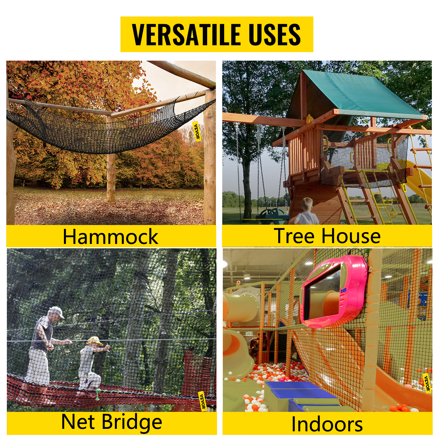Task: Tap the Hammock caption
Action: click(111, 237)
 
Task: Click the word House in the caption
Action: click(351, 236)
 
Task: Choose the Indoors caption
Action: click(327, 424)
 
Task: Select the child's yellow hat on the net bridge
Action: click(94, 341)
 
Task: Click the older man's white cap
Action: click(57, 312)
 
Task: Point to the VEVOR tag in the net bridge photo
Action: click(202, 401)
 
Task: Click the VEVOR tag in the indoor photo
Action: click(427, 383)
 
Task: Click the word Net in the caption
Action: click(78, 421)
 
